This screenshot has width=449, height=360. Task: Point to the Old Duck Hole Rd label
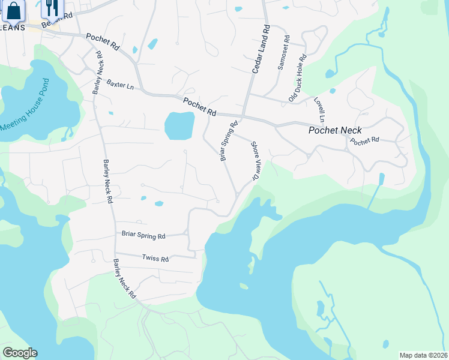[298, 78]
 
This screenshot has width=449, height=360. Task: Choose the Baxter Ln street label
[120, 85]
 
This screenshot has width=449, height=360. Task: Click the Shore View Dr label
[255, 161]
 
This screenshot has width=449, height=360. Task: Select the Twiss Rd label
[155, 259]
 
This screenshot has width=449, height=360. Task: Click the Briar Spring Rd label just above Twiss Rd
[143, 236]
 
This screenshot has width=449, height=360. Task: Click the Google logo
[19, 353]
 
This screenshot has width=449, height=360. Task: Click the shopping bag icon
[14, 10]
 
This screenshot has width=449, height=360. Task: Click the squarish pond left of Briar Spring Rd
[179, 125]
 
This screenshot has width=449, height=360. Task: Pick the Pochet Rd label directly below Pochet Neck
[365, 142]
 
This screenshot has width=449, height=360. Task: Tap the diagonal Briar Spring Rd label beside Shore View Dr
[229, 140]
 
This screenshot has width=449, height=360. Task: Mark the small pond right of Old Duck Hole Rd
[330, 74]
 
